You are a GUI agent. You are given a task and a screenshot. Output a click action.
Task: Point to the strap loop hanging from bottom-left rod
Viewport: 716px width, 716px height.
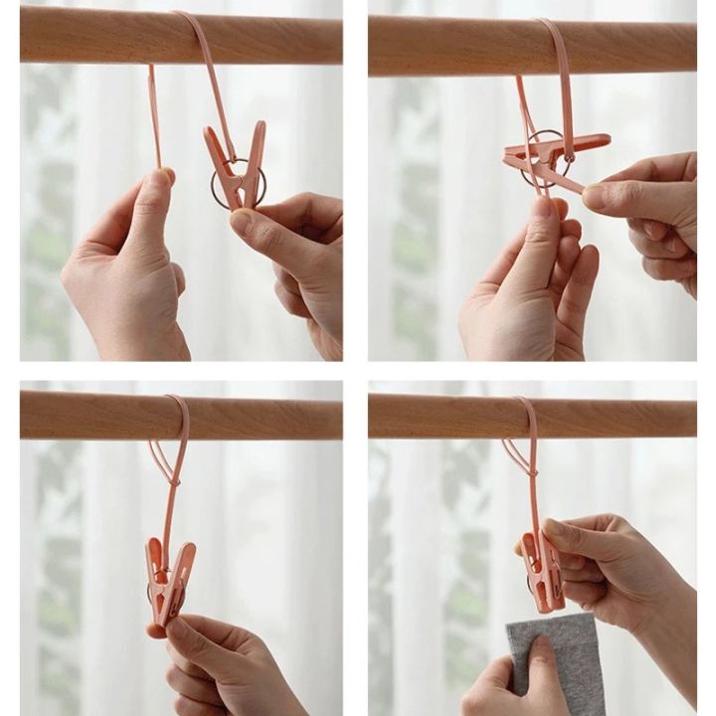[174, 447]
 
